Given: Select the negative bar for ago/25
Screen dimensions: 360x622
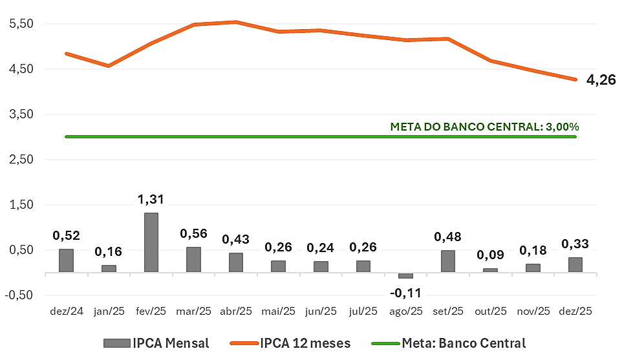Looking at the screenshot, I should point(405,275).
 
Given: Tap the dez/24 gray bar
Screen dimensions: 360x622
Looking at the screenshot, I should point(66,260).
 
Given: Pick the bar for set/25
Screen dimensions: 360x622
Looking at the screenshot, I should point(447,261).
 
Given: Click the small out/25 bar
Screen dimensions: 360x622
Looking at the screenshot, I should point(490,270).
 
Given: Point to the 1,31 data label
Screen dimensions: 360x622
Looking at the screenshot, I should point(151,200).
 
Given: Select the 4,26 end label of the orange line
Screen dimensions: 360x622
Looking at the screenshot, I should point(601,81).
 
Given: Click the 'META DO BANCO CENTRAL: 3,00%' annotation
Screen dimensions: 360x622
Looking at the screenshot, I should point(484,127).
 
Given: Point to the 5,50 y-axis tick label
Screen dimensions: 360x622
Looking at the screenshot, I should point(22,24).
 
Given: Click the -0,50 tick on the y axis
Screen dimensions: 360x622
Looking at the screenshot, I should point(21,295).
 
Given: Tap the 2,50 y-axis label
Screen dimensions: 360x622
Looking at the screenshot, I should point(22,160).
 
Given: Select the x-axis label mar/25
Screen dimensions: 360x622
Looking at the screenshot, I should point(193,312).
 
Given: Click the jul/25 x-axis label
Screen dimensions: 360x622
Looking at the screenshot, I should point(363,312).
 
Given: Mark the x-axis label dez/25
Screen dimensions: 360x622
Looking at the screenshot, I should point(575,312).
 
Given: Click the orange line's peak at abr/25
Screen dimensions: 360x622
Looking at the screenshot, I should point(236,22).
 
